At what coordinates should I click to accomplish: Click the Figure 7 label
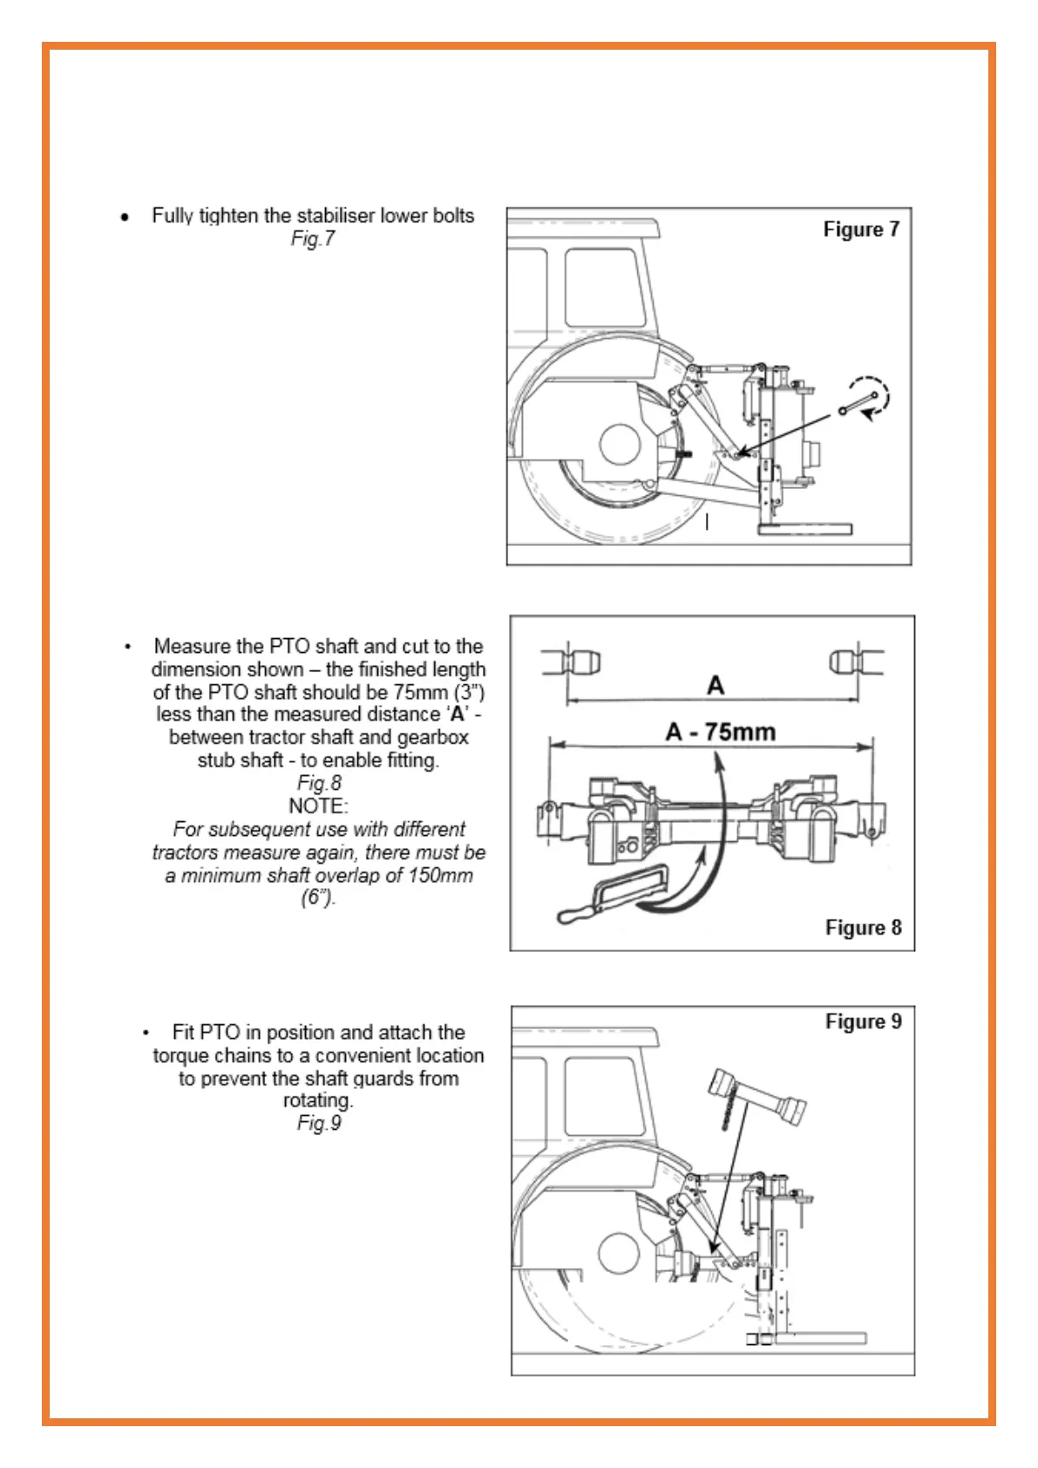pos(860,229)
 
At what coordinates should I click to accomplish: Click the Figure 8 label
pos(863,928)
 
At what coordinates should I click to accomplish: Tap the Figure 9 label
pos(863,1022)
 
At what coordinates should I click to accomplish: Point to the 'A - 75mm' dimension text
pos(720,731)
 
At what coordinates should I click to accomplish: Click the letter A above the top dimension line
pos(716,685)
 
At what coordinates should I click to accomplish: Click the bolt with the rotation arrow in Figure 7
pos(859,403)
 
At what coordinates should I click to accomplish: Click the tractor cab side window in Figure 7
pos(602,288)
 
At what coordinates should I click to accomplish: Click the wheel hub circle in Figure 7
pos(621,445)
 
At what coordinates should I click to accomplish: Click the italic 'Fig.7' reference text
pos(313,239)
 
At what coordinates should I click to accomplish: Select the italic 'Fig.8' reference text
pos(319,783)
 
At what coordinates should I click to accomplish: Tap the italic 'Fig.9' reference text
pos(319,1123)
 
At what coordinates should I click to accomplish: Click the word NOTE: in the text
pos(318,805)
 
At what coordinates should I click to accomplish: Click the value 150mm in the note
pos(440,875)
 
